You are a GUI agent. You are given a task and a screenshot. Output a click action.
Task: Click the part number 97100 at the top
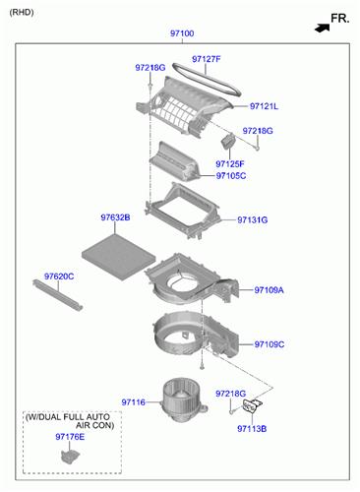(182, 33)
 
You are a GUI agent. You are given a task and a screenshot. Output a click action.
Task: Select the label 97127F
(207, 59)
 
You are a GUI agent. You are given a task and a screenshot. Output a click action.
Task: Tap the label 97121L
(264, 106)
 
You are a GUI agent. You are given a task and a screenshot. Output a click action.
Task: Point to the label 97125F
(230, 163)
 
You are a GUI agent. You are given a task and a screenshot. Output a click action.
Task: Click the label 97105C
(231, 176)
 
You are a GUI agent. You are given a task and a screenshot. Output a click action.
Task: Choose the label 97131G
(253, 219)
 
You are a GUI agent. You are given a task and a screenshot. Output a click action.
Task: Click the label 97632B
(115, 217)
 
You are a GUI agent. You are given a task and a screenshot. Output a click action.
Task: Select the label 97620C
(59, 277)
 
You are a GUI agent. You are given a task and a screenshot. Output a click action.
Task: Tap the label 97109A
(269, 290)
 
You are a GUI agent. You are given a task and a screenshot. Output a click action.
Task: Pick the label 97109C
(270, 344)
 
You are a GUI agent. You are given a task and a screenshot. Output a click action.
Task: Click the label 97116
(133, 402)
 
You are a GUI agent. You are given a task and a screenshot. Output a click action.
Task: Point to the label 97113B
(252, 429)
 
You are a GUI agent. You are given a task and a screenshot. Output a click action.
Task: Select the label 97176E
(70, 437)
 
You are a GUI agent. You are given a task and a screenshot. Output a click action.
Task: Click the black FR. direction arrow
(323, 29)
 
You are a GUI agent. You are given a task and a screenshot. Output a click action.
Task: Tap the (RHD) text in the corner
(22, 13)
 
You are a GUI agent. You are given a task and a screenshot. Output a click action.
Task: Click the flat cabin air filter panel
(119, 258)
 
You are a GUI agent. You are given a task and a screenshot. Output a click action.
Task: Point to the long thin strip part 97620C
(57, 295)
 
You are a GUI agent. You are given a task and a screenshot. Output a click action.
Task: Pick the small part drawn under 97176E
(70, 457)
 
